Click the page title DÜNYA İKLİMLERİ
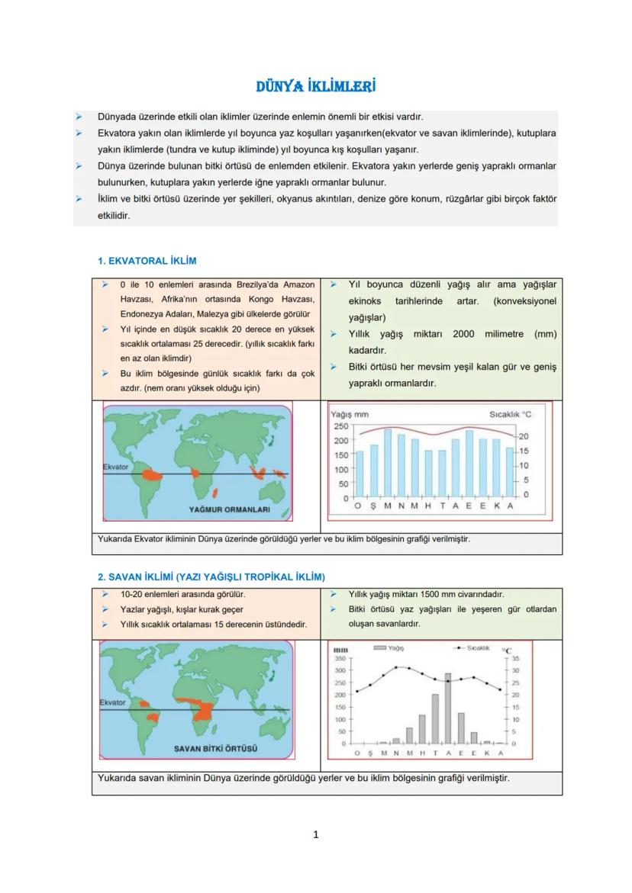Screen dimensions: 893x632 pos(315,86)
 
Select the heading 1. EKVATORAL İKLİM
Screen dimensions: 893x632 pos(147,261)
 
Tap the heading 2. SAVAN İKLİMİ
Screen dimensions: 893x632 pos(211,577)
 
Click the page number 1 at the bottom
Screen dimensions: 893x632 pos(316,834)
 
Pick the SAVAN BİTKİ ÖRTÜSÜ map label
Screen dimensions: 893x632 pos(215,748)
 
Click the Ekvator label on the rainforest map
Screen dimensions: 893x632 pos(115,467)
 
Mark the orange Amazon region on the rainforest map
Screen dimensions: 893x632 pos(152,474)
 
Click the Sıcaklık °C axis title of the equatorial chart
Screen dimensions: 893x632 pos(511,415)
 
